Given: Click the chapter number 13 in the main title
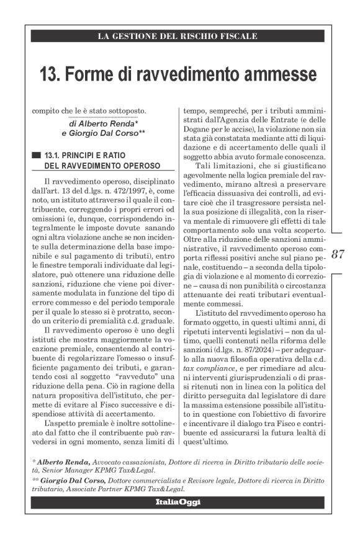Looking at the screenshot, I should (47, 76).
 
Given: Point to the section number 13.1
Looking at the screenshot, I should (53, 154).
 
